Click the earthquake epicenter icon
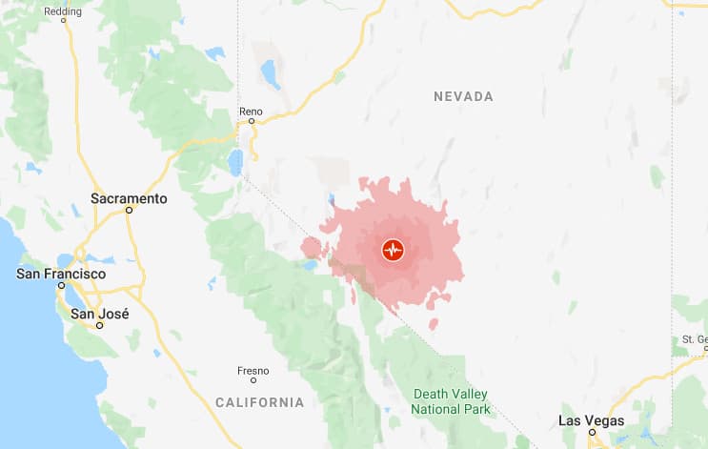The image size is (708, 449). (x=393, y=251)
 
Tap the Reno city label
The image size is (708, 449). (x=251, y=112)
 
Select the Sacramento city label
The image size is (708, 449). (x=129, y=199)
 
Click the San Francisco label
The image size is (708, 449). (x=61, y=274)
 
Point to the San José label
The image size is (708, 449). (x=100, y=314)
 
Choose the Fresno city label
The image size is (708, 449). (x=253, y=370)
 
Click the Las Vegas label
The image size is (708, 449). (x=591, y=420)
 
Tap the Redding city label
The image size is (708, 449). (x=63, y=11)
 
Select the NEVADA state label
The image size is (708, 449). (x=463, y=96)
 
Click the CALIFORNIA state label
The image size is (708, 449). (x=259, y=402)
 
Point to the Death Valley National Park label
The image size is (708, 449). (x=451, y=401)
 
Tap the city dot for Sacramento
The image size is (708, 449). (x=129, y=212)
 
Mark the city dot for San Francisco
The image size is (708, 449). (x=61, y=285)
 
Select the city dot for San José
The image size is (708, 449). (x=100, y=325)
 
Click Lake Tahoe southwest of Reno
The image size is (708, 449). (x=234, y=163)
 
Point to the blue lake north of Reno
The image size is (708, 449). (x=271, y=73)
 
